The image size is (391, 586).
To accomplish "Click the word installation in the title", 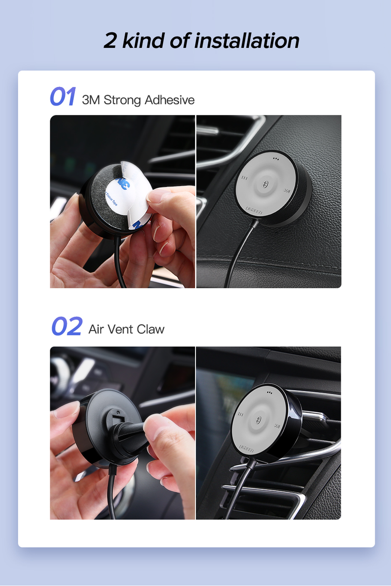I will [247, 41].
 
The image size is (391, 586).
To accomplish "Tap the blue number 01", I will [63, 97].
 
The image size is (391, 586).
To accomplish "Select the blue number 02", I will [66, 327].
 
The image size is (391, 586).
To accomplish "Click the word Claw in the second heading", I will [151, 330].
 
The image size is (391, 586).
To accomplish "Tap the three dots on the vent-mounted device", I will [268, 391].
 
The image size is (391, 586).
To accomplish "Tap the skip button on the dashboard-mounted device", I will [286, 191].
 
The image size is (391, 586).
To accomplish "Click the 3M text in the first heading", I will [91, 101].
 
